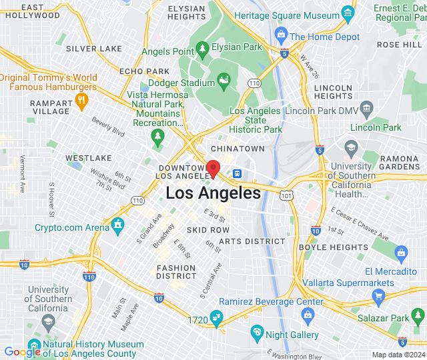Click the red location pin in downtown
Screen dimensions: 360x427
(x=213, y=168)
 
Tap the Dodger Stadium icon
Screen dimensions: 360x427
(x=225, y=83)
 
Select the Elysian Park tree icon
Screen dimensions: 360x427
(x=203, y=48)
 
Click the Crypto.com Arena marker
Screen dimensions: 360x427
(x=117, y=223)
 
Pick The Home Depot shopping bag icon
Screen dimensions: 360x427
(x=280, y=33)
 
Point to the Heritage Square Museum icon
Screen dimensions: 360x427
(x=347, y=13)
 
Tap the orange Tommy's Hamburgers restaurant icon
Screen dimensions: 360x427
(x=82, y=101)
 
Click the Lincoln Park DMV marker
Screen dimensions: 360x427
(x=366, y=108)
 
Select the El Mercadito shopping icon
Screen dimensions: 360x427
(x=401, y=252)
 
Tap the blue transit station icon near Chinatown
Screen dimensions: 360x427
(x=236, y=173)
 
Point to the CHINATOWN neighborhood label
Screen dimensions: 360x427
(x=237, y=148)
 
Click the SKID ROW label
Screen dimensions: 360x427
(x=207, y=229)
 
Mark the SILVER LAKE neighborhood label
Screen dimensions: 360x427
(x=94, y=49)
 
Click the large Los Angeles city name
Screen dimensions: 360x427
(x=213, y=193)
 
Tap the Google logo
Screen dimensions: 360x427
(x=22, y=351)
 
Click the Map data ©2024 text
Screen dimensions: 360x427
(x=398, y=355)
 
